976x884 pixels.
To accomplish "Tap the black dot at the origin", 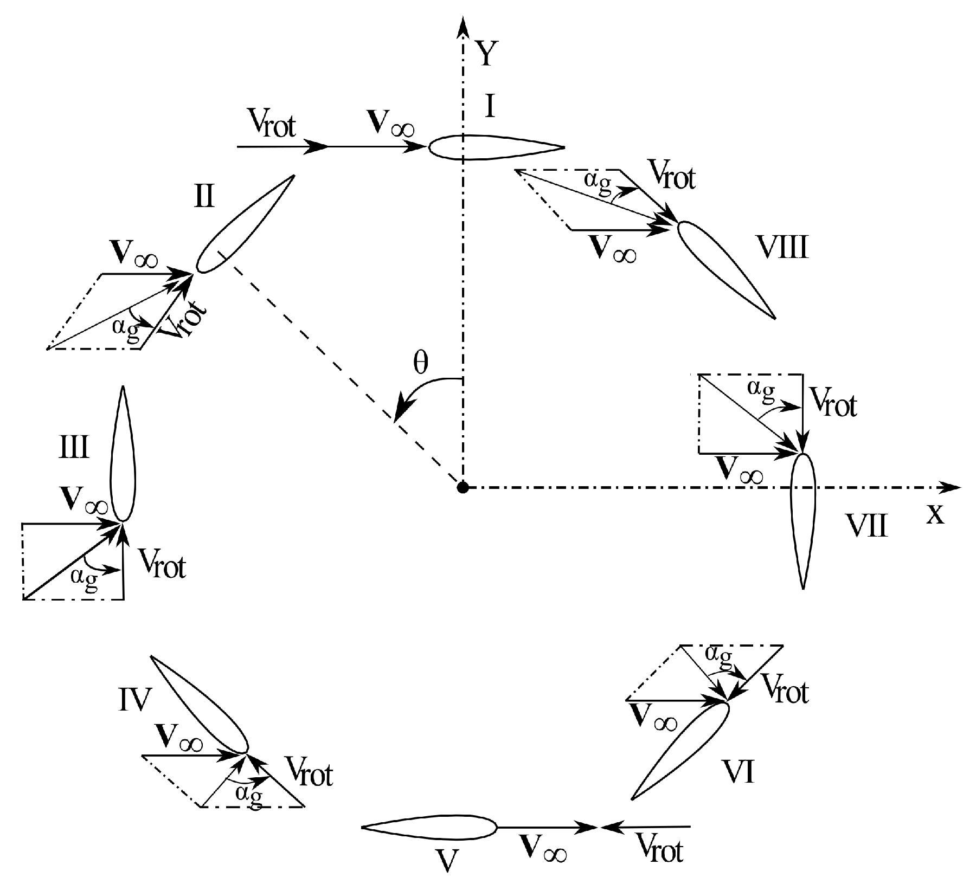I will tap(463, 488).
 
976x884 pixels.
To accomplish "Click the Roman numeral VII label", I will tap(866, 526).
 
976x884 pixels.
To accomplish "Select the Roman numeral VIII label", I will tap(782, 248).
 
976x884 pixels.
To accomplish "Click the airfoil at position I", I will tap(496, 147).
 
